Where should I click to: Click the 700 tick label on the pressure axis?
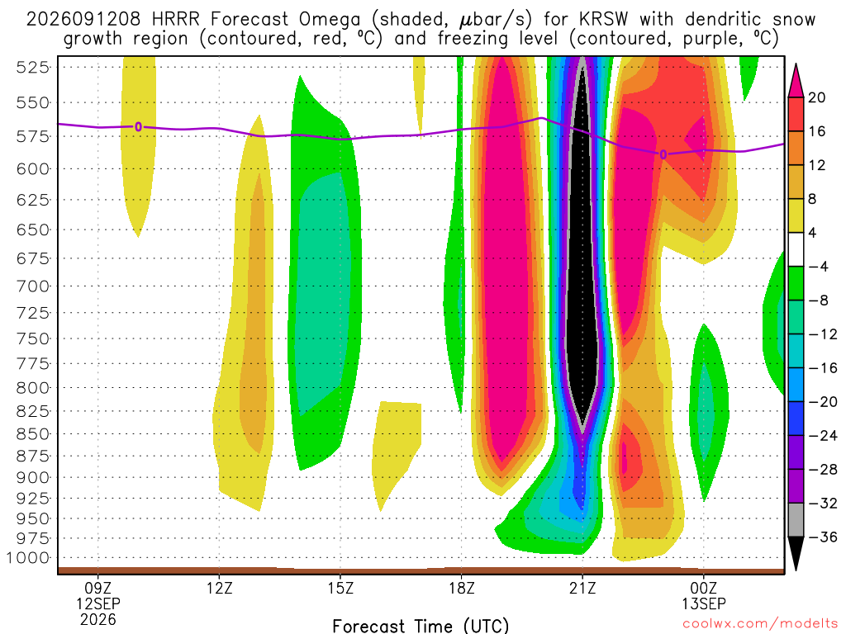32,286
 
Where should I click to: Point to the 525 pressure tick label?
32,68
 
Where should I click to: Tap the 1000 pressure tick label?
28,558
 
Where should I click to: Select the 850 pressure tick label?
32,434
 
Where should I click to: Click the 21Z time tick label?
582,588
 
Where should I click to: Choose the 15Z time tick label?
340,588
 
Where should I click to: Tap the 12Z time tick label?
219,588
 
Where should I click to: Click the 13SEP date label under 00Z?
704,603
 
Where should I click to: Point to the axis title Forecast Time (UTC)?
421,626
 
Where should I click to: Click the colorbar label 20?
816,97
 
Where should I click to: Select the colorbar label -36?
823,537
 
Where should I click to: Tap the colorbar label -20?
823,402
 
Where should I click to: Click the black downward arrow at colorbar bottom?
796,553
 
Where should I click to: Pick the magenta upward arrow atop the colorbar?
796,82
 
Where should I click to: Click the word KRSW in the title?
604,20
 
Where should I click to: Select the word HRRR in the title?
176,20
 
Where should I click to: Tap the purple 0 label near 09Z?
138,127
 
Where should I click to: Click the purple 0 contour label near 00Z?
663,154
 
